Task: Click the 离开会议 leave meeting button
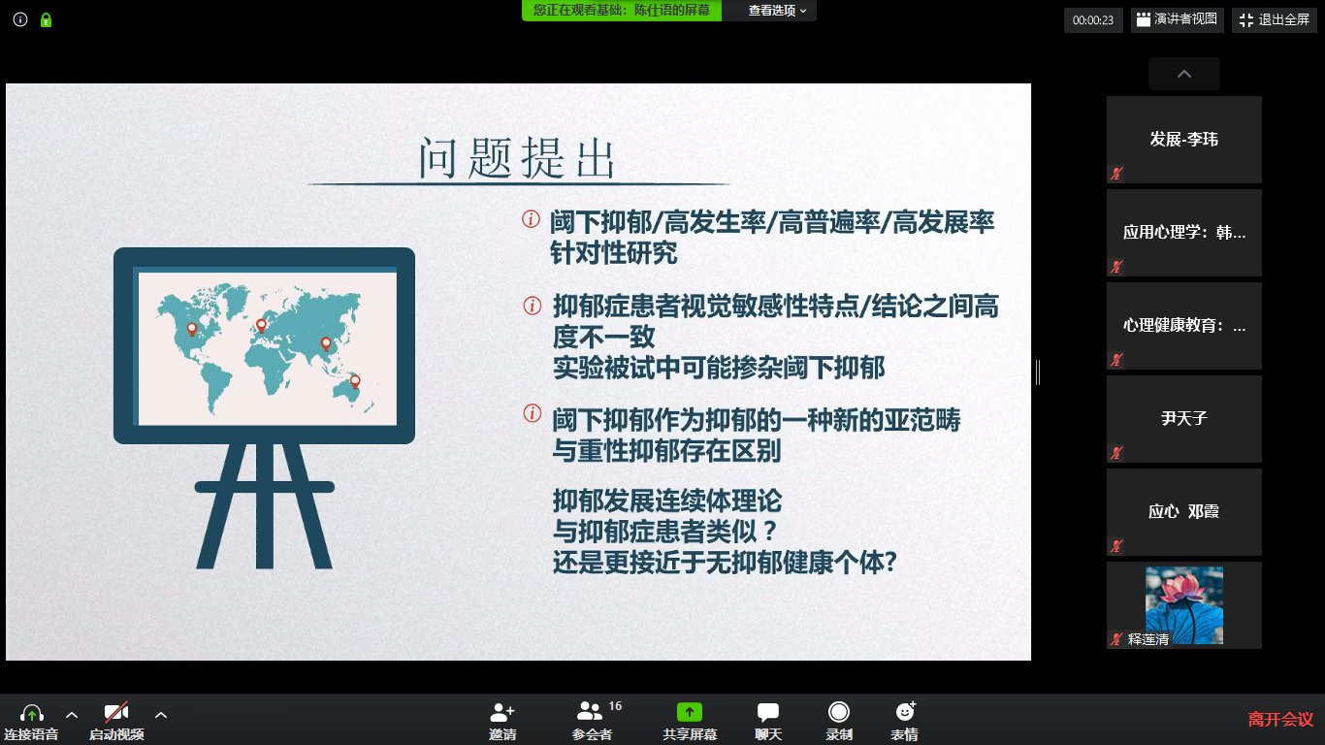point(1280,719)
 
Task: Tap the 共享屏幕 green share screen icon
point(689,712)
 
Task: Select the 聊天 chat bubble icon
point(768,712)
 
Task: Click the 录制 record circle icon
point(839,712)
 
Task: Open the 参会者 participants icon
point(589,711)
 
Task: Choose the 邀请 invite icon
point(502,712)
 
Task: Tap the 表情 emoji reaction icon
point(906,711)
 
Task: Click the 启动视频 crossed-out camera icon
point(116,712)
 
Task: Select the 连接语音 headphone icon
point(31,712)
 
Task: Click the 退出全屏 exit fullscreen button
point(1275,20)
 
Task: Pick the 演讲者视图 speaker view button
point(1178,20)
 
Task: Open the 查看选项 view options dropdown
point(777,11)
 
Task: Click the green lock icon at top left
point(47,20)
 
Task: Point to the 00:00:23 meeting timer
point(1093,20)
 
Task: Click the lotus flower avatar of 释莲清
point(1184,604)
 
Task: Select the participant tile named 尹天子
point(1184,419)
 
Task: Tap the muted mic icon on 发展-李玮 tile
point(1116,174)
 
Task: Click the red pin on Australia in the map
point(355,381)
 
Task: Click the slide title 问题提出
point(517,158)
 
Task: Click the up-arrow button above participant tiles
point(1184,74)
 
